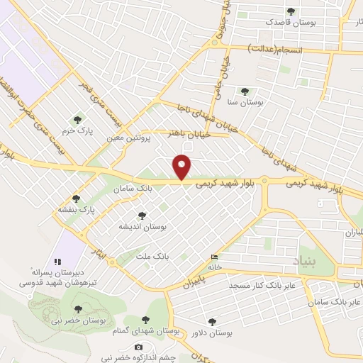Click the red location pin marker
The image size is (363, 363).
click(x=182, y=167)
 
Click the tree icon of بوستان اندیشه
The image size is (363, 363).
click(x=142, y=216)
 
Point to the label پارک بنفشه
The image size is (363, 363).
click(x=77, y=211)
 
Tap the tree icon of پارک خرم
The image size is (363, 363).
click(x=77, y=119)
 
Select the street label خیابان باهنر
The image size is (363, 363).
click(x=185, y=133)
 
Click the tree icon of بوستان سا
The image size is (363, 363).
click(x=245, y=91)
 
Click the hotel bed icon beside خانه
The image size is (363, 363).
click(x=215, y=257)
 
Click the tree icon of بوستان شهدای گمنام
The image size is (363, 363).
click(x=146, y=320)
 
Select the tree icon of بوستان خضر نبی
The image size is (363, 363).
click(x=78, y=309)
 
